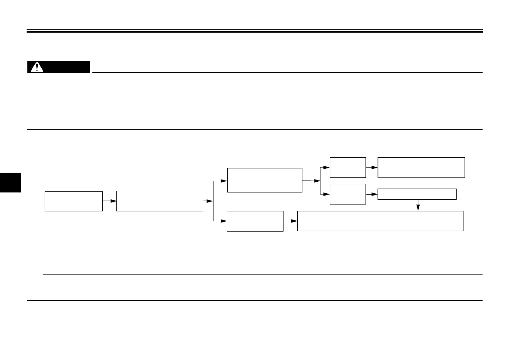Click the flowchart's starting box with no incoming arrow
click(73, 201)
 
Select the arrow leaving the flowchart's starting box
click(109, 201)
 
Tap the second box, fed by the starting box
click(159, 201)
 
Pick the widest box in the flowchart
click(380, 221)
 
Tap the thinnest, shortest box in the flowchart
click(417, 194)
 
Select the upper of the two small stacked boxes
click(347, 167)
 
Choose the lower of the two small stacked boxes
click(347, 194)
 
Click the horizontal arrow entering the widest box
click(290, 221)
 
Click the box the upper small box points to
click(421, 167)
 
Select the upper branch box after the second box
click(265, 180)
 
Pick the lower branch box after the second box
click(255, 221)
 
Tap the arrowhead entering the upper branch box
click(224, 181)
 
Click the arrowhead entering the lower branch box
click(224, 221)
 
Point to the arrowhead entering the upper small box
click(327, 168)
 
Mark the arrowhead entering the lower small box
click(327, 194)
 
